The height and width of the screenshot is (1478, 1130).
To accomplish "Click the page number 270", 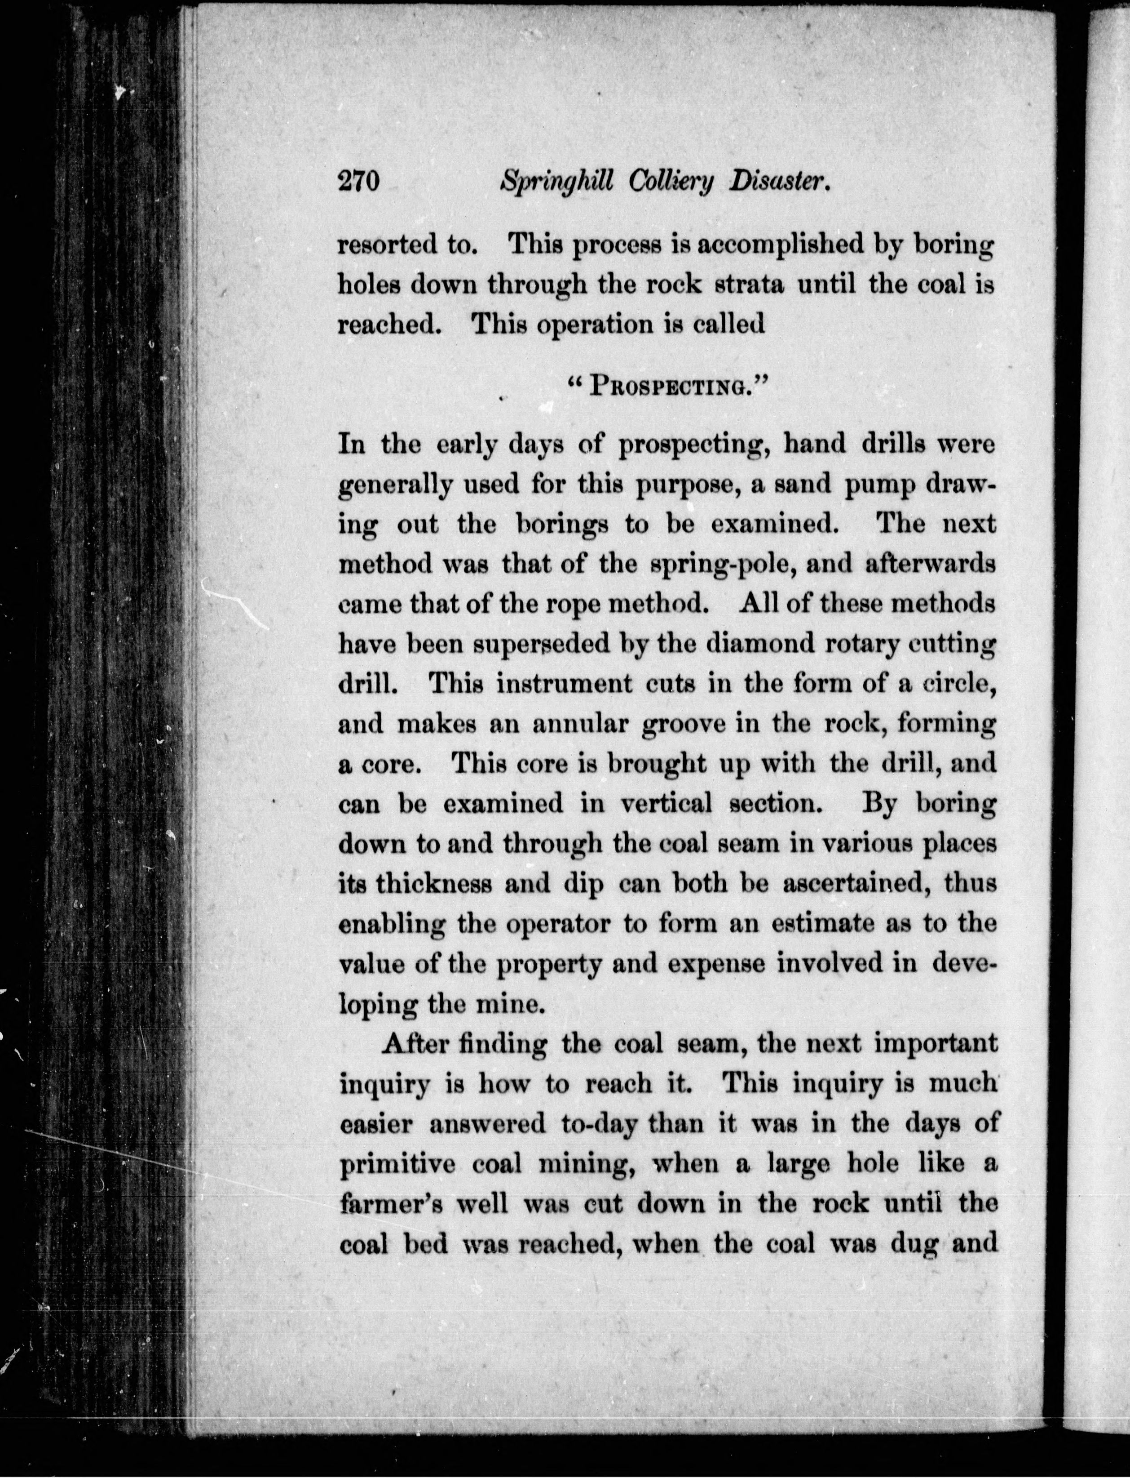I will [x=359, y=183].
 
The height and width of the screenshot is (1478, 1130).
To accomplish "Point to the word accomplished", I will [x=777, y=245].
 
